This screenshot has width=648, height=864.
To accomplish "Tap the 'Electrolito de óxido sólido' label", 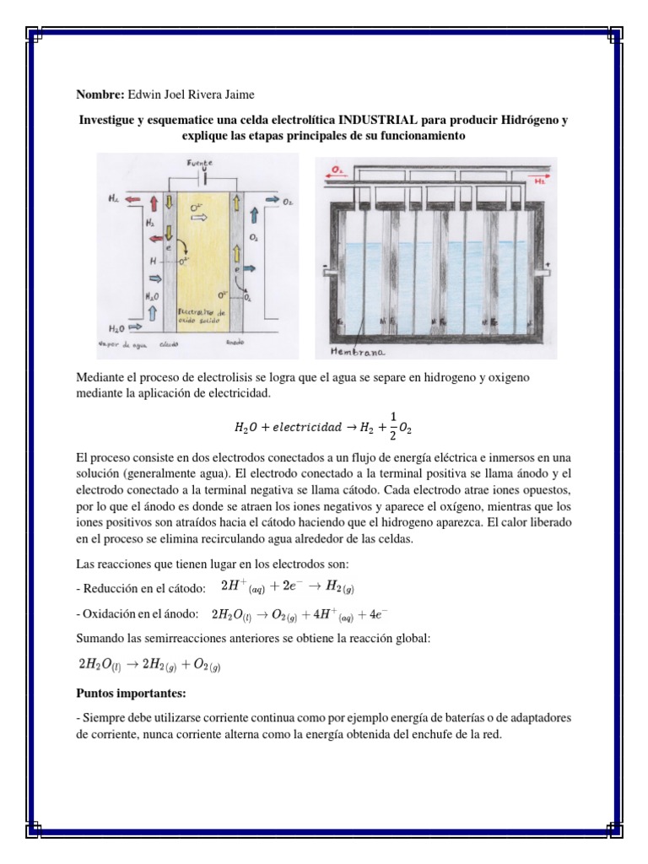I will click(199, 316).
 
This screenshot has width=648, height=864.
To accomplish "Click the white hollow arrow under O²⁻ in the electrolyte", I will click(199, 217).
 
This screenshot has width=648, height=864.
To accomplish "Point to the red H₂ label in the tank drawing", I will click(537, 180).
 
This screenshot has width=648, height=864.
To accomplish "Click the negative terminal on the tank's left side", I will click(324, 273).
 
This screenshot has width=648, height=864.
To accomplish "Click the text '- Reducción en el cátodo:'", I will click(141, 587).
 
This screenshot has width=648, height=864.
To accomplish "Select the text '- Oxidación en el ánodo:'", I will click(138, 613).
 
